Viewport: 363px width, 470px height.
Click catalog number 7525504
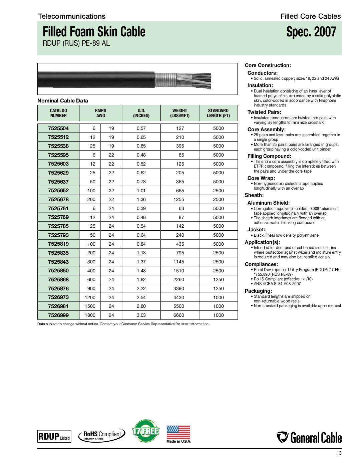coord(58,128)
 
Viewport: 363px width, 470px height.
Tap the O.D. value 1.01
coord(141,191)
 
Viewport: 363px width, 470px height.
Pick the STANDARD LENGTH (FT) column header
coord(218,113)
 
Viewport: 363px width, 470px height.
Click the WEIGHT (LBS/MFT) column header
coord(180,113)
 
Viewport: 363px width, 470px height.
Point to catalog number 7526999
coord(58,315)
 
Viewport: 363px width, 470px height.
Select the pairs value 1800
coord(90,315)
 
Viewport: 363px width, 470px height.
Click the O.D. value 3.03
coord(141,315)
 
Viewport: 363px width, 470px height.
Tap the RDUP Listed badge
coord(54,436)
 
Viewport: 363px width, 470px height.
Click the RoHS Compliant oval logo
coord(102,435)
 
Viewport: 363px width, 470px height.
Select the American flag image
coord(178,432)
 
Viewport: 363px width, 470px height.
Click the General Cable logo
coord(309,438)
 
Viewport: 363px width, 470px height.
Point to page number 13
coord(339,453)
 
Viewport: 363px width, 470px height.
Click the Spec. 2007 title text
coord(311,32)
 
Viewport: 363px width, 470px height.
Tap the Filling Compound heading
coord(269,156)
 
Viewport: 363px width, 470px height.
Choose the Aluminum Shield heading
coord(268,203)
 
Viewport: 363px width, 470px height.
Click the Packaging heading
coord(258,291)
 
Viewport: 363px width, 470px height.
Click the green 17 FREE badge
coord(146,431)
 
